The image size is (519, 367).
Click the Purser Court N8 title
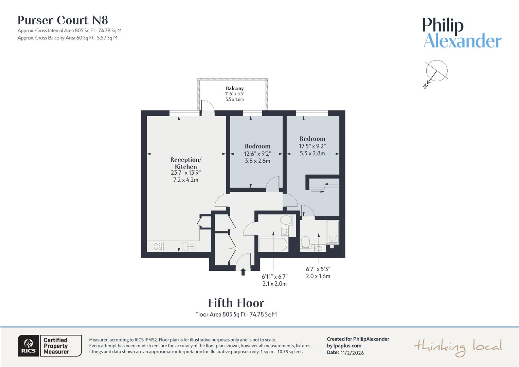pyautogui.click(x=63, y=20)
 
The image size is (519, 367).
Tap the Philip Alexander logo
pyautogui.click(x=462, y=33)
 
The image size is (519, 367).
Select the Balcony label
pyautogui.click(x=235, y=88)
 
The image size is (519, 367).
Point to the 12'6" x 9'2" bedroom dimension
pyautogui.click(x=257, y=154)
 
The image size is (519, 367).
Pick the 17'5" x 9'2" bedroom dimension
pyautogui.click(x=312, y=146)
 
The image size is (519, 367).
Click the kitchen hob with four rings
pyautogui.click(x=158, y=246)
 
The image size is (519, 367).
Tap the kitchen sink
pyautogui.click(x=188, y=246)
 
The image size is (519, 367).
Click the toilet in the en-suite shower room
pyautogui.click(x=305, y=242)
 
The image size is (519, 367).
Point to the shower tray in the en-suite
pyautogui.click(x=333, y=232)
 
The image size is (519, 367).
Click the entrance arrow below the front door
pyautogui.click(x=243, y=272)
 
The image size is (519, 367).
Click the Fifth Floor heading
pyautogui.click(x=236, y=303)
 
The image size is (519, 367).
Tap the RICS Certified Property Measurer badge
pyautogui.click(x=50, y=346)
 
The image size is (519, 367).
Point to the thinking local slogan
pyautogui.click(x=458, y=347)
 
